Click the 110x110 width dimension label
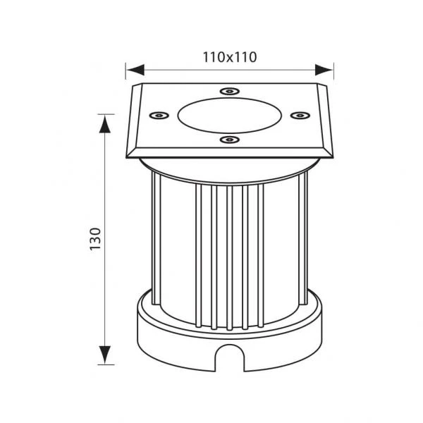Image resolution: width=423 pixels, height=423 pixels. click(230, 57)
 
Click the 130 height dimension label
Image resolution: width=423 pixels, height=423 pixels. click(95, 239)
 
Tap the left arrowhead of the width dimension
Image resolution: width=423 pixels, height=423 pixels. click(135, 70)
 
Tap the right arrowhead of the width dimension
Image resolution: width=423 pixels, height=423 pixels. click(324, 70)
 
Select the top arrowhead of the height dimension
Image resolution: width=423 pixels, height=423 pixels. click(105, 124)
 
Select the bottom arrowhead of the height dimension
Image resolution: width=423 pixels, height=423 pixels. click(105, 355)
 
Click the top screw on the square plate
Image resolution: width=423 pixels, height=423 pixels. click(229, 91)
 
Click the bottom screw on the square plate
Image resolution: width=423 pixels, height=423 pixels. click(229, 140)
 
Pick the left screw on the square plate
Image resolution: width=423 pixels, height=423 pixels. click(159, 116)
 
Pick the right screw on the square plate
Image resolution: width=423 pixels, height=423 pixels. click(300, 116)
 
